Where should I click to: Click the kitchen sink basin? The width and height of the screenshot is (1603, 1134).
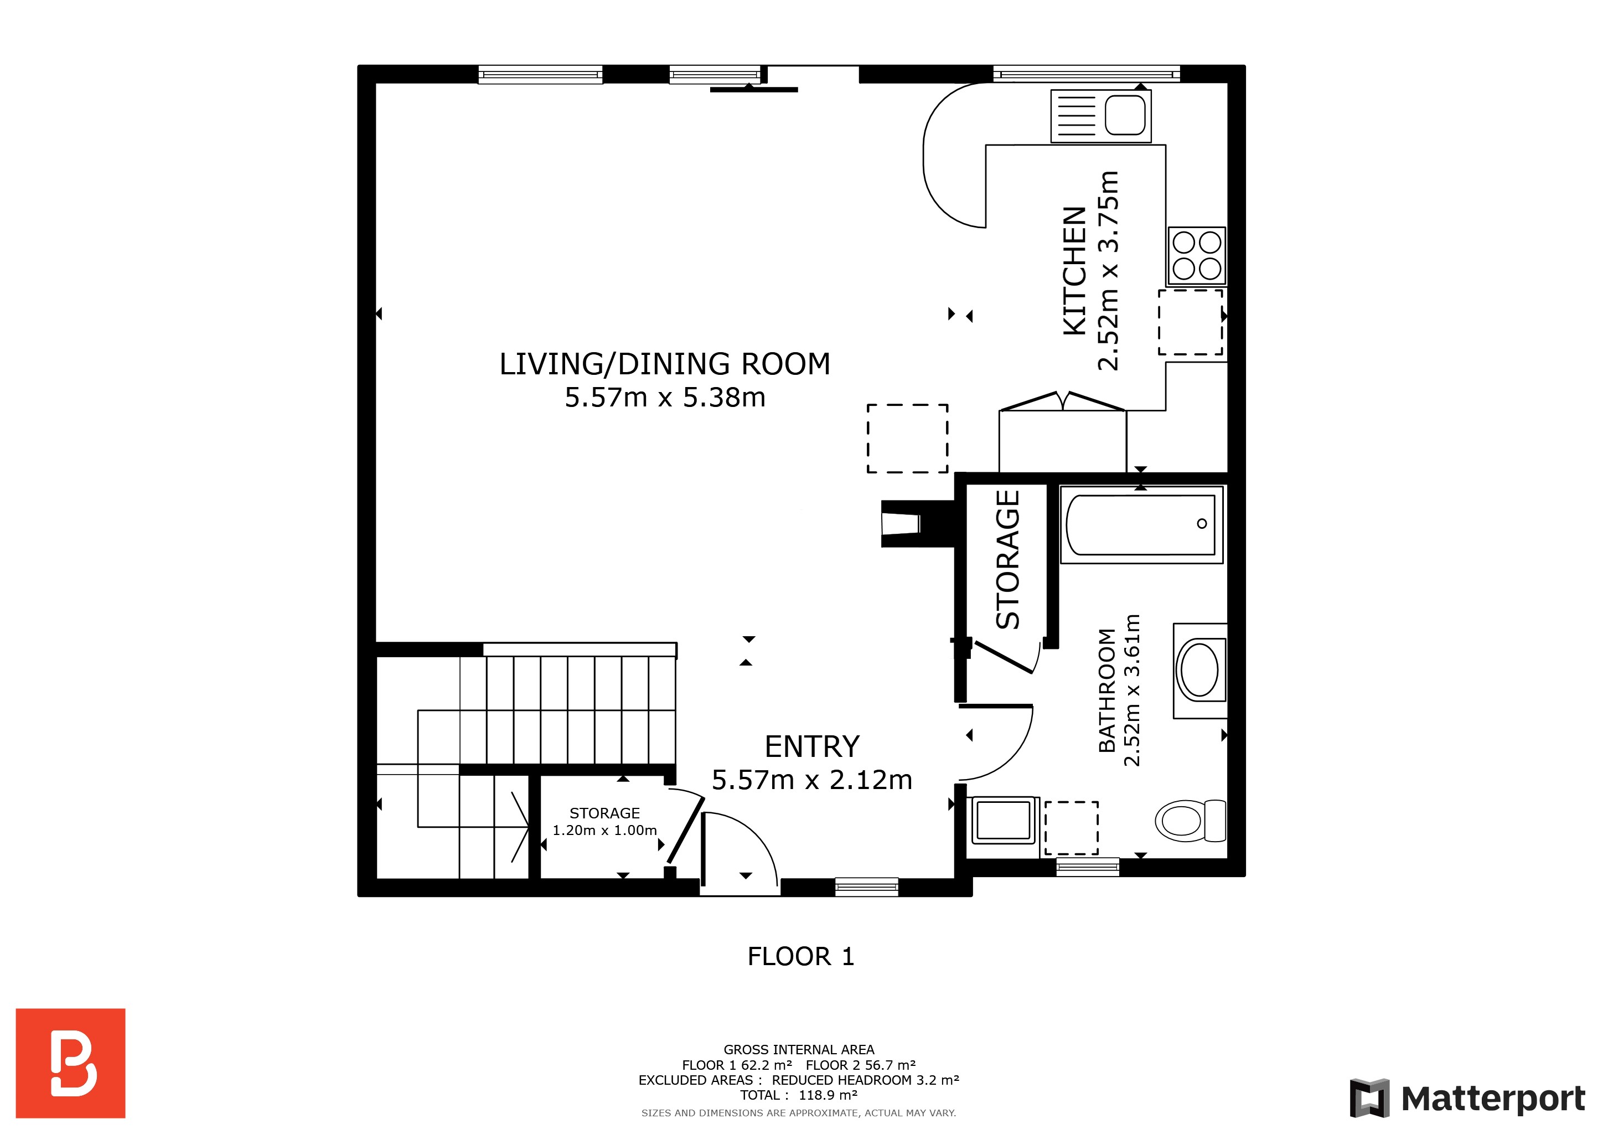pos(1125,115)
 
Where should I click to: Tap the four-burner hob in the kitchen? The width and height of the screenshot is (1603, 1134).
pos(1197,256)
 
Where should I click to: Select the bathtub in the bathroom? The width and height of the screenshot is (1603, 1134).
pos(1141,524)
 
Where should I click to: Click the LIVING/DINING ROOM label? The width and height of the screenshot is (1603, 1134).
pos(665,364)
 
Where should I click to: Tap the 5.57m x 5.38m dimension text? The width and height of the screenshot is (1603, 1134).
pos(665,398)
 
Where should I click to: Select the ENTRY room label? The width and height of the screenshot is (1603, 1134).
pos(812,746)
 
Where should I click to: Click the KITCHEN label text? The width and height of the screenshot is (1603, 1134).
pos(1074,271)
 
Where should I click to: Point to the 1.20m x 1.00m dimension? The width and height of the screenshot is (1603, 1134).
pos(604,830)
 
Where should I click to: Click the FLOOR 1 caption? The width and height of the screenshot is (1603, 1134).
pos(801,956)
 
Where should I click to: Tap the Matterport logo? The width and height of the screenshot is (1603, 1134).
pos(1467,1099)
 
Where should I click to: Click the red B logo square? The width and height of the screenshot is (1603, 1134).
pos(70,1063)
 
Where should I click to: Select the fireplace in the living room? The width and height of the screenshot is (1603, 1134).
pos(917,524)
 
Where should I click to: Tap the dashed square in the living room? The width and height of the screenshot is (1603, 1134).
pos(908,439)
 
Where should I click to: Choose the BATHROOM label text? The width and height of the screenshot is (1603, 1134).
pos(1107,690)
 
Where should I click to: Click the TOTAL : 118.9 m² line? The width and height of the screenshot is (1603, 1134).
pos(799,1095)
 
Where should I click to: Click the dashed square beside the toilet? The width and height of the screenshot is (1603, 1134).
pos(1072,827)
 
